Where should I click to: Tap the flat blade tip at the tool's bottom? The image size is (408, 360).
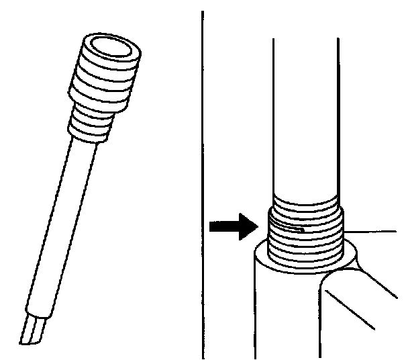(34, 332)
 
